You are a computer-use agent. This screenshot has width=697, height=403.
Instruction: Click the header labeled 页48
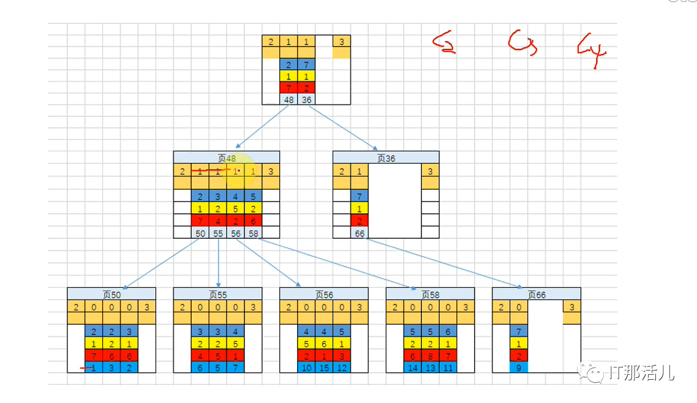pos(226,157)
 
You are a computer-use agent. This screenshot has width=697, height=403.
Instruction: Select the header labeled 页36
pos(386,157)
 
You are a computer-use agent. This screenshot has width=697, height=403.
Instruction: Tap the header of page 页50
pos(111,294)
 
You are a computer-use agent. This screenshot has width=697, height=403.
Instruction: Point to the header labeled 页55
pos(217,294)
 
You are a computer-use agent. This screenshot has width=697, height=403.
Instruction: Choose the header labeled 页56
pos(324,294)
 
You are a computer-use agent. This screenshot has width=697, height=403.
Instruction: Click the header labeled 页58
pos(430,294)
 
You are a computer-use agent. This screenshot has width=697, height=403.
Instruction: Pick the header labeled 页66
pos(536,294)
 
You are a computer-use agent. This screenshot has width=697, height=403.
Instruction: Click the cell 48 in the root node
pos(288,99)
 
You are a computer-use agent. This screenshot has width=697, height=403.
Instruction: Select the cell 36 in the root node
pos(306,99)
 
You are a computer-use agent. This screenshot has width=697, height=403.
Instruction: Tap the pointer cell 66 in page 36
pos(360,233)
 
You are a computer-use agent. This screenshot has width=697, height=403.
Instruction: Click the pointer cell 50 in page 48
pos(200,233)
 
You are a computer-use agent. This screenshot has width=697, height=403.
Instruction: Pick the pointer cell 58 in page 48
pos(253,233)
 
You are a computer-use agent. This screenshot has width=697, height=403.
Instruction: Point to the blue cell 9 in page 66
pos(519,367)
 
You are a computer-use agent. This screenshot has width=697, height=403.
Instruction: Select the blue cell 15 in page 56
pos(324,367)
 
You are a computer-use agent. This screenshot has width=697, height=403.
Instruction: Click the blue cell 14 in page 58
pos(412,367)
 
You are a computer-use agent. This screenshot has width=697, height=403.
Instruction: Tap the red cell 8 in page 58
pos(430,355)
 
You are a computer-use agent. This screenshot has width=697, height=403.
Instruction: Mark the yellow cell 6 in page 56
pos(324,343)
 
